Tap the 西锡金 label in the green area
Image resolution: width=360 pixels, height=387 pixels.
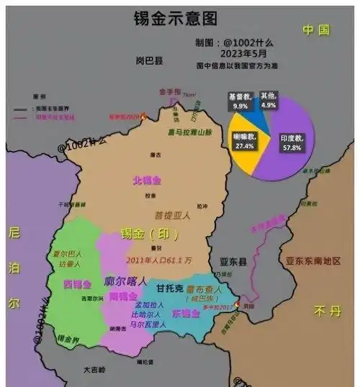(78, 283)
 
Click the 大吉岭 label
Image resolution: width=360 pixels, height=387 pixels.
(94, 370)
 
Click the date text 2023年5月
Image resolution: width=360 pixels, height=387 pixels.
(220, 52)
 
